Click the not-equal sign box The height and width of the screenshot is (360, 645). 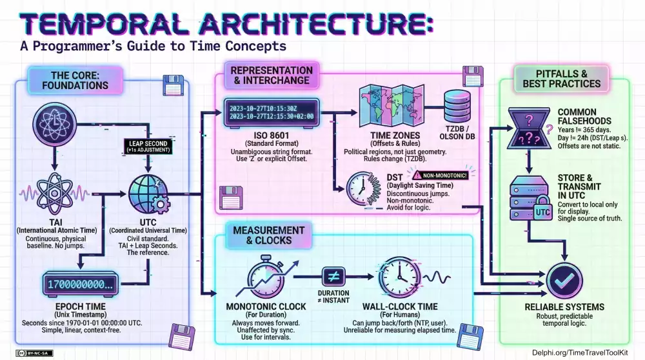coord(334,277)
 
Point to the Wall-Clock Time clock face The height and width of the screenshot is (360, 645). coord(399,277)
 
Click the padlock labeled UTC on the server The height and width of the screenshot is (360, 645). coord(543,210)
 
